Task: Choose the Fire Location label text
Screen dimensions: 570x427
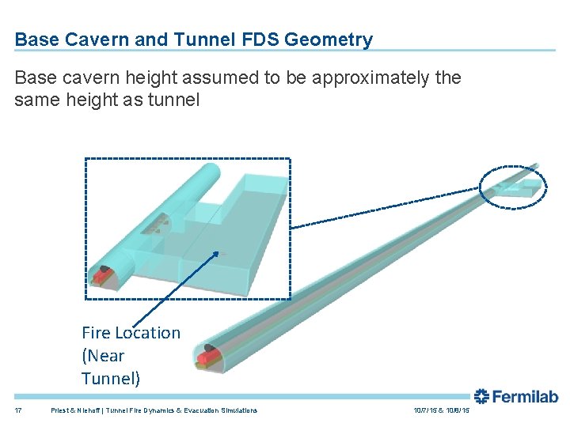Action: (x=131, y=333)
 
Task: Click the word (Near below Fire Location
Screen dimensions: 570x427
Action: (x=103, y=356)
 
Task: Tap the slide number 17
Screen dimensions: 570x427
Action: (x=18, y=410)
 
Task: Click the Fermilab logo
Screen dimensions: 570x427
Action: (x=515, y=397)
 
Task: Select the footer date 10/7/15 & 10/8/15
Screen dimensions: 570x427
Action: (x=441, y=410)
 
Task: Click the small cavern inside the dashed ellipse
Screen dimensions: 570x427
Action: (x=522, y=187)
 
